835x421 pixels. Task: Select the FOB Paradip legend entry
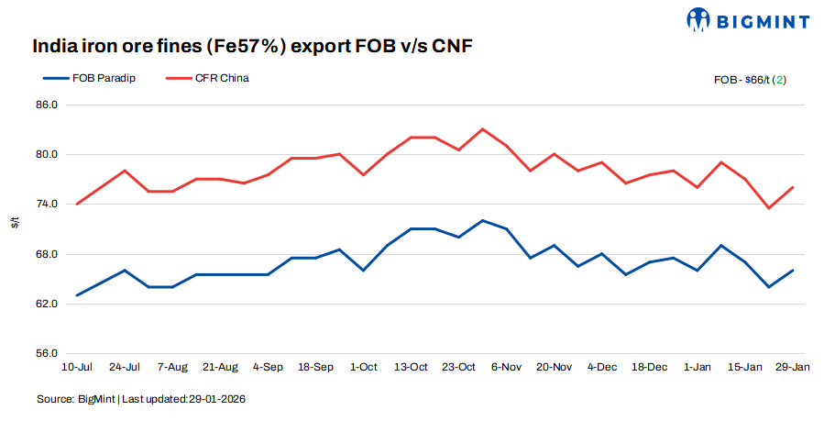(x=94, y=78)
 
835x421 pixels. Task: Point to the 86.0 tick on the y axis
(x=47, y=105)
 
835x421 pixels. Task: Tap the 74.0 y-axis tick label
(x=47, y=204)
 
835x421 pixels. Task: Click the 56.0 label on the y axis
(x=47, y=353)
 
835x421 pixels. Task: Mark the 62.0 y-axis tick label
(x=47, y=304)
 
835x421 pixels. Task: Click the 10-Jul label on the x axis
(x=77, y=367)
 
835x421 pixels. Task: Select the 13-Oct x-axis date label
(x=411, y=367)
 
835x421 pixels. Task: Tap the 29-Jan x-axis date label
(x=792, y=367)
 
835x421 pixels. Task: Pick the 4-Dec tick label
(x=601, y=367)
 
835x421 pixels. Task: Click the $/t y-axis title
(x=15, y=223)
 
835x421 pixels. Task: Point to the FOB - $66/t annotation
(x=750, y=80)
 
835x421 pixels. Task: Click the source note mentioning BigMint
(x=141, y=400)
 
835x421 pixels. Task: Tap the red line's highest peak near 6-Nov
(x=482, y=129)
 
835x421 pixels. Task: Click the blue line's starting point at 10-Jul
(x=77, y=295)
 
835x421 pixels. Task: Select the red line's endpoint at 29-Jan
(x=792, y=187)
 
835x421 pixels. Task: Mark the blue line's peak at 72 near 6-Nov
(x=482, y=220)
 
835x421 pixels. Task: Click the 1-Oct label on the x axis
(x=363, y=367)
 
